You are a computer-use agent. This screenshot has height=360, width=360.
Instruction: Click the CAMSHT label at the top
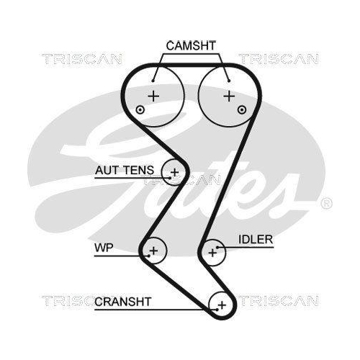click(191, 45)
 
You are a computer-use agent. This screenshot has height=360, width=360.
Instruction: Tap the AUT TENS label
click(124, 171)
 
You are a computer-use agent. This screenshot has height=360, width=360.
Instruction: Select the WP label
click(103, 250)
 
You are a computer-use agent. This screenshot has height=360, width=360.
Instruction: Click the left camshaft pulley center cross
click(153, 95)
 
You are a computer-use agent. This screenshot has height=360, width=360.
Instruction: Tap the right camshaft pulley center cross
click(228, 95)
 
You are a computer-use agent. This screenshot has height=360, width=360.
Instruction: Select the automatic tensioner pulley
click(174, 171)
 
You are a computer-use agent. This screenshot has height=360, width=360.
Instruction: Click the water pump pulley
click(153, 251)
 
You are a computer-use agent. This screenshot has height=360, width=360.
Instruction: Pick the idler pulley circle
click(212, 251)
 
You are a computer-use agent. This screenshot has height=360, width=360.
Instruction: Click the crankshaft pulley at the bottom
click(221, 305)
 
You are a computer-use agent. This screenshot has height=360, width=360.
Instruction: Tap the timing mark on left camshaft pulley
click(140, 109)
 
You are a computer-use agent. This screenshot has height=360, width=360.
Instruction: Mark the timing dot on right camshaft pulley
click(241, 109)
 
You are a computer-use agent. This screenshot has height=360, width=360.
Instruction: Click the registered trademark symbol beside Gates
click(325, 202)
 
